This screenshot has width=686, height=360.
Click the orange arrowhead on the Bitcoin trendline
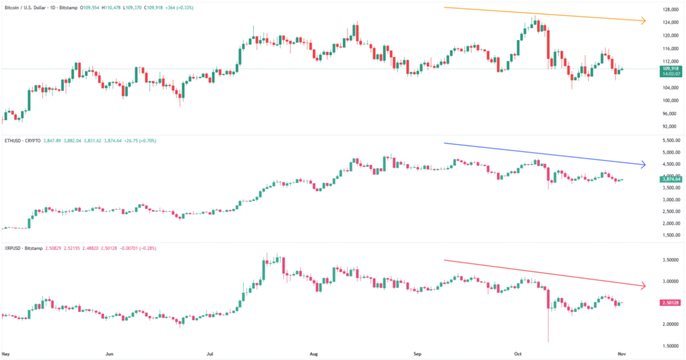642,21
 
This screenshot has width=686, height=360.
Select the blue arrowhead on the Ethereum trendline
642,164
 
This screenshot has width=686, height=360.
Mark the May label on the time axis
7,353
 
